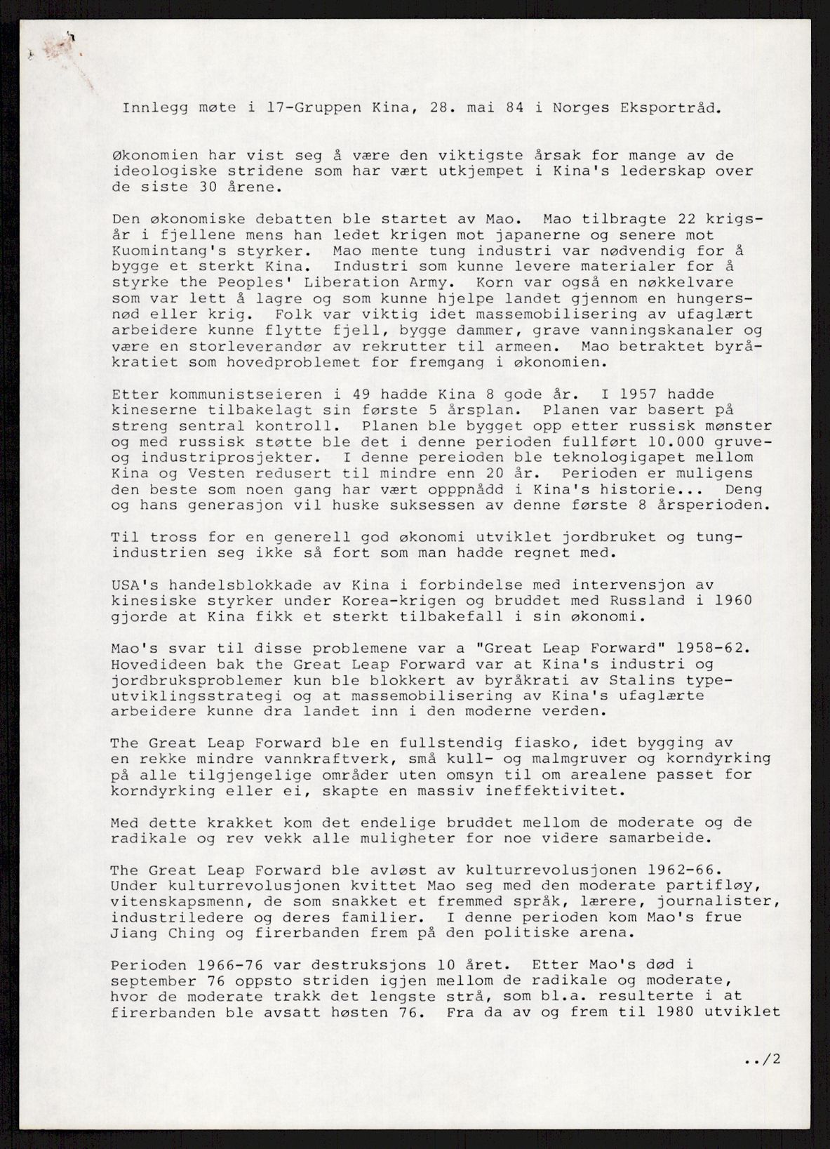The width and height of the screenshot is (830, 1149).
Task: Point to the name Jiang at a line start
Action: click(130, 933)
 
